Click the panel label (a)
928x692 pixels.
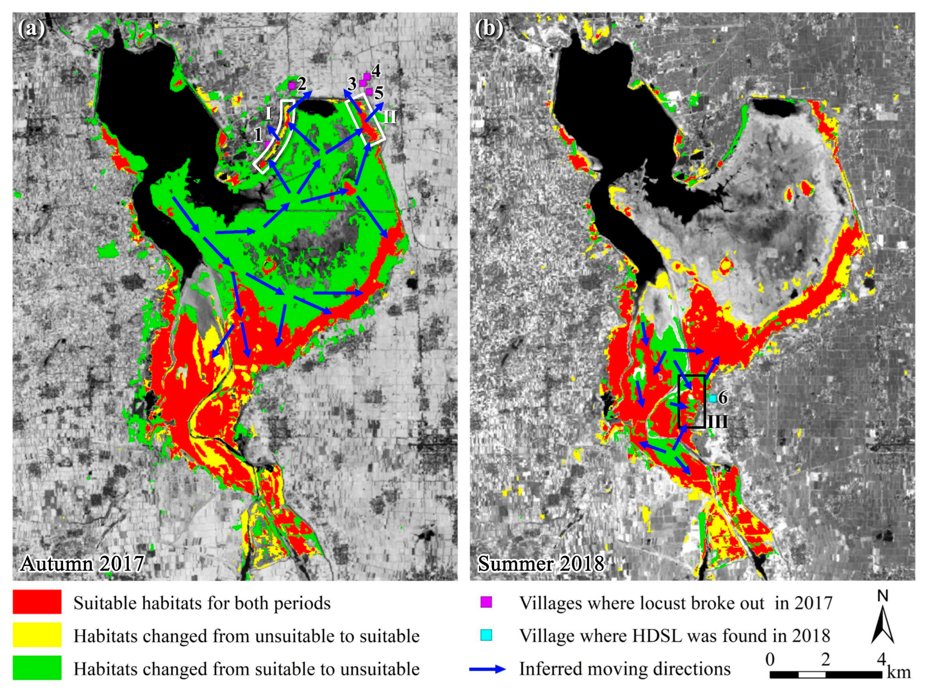pyautogui.click(x=31, y=29)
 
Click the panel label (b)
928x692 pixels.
pyautogui.click(x=489, y=29)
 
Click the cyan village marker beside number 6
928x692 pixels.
pyautogui.click(x=712, y=399)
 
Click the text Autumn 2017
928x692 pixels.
pyautogui.click(x=82, y=564)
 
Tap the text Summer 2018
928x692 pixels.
pyautogui.click(x=541, y=564)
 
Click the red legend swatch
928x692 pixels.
pyautogui.click(x=37, y=602)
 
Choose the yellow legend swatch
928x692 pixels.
pyautogui.click(x=37, y=635)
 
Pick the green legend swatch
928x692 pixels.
pyautogui.click(x=37, y=668)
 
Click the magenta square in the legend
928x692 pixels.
pyautogui.click(x=487, y=602)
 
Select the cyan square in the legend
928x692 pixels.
pyautogui.click(x=487, y=636)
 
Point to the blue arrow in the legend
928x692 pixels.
pyautogui.click(x=488, y=669)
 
